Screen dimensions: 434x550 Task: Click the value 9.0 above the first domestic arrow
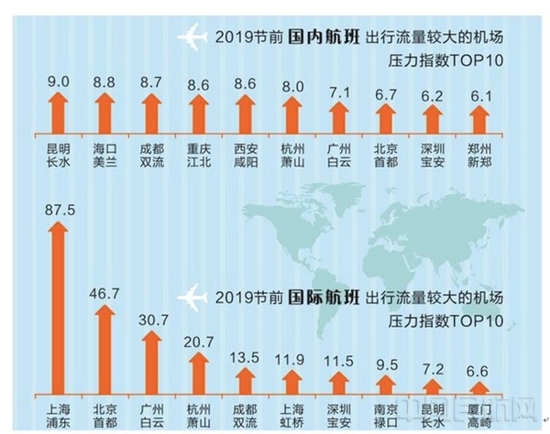tap(57, 81)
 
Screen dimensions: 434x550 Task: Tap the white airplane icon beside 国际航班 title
tap(192, 298)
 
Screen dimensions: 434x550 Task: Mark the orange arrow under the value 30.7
tap(151, 362)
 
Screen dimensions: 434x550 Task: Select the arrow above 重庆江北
tap(197, 115)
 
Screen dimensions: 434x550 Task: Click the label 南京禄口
tap(387, 412)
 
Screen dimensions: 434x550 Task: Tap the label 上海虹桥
tap(292, 412)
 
